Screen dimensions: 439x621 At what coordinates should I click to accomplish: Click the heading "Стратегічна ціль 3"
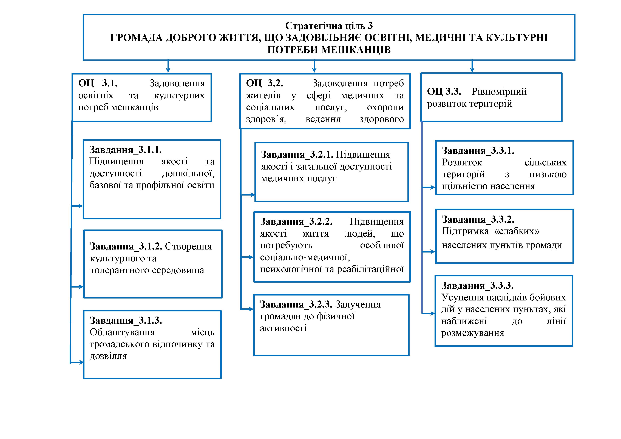pyautogui.click(x=329, y=26)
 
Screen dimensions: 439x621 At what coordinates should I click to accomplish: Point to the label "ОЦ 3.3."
pyautogui.click(x=444, y=92)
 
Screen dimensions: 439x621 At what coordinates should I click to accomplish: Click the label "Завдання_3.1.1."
pyautogui.click(x=126, y=150)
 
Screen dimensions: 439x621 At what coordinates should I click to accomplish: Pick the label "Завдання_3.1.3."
pyautogui.click(x=126, y=320)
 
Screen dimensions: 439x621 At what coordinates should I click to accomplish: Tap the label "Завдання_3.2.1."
pyautogui.click(x=297, y=155)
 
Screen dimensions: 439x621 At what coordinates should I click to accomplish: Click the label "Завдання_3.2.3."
pyautogui.click(x=296, y=304)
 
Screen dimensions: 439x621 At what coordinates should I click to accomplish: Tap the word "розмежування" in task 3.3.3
pyautogui.click(x=472, y=333)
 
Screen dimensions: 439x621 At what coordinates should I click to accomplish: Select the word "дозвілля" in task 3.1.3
pyautogui.click(x=108, y=356)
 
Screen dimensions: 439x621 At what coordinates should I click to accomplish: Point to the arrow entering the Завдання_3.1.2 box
pyautogui.click(x=77, y=287)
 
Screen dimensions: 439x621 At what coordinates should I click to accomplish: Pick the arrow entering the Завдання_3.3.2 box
pyautogui.click(x=429, y=252)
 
